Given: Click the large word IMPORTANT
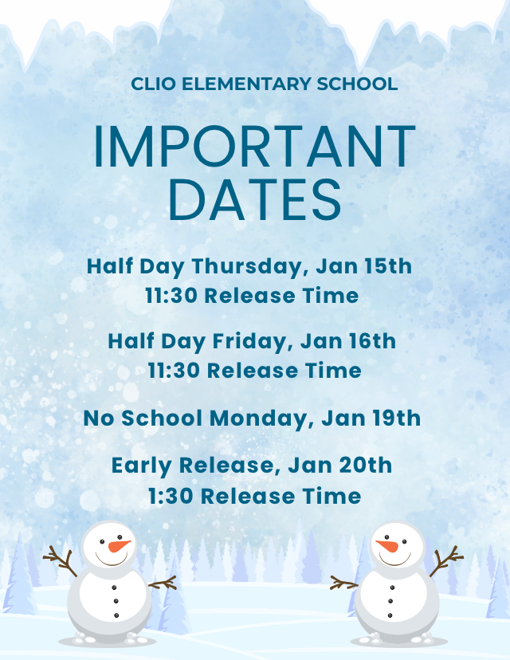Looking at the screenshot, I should coord(254,147).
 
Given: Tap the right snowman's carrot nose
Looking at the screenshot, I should coord(388,547).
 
